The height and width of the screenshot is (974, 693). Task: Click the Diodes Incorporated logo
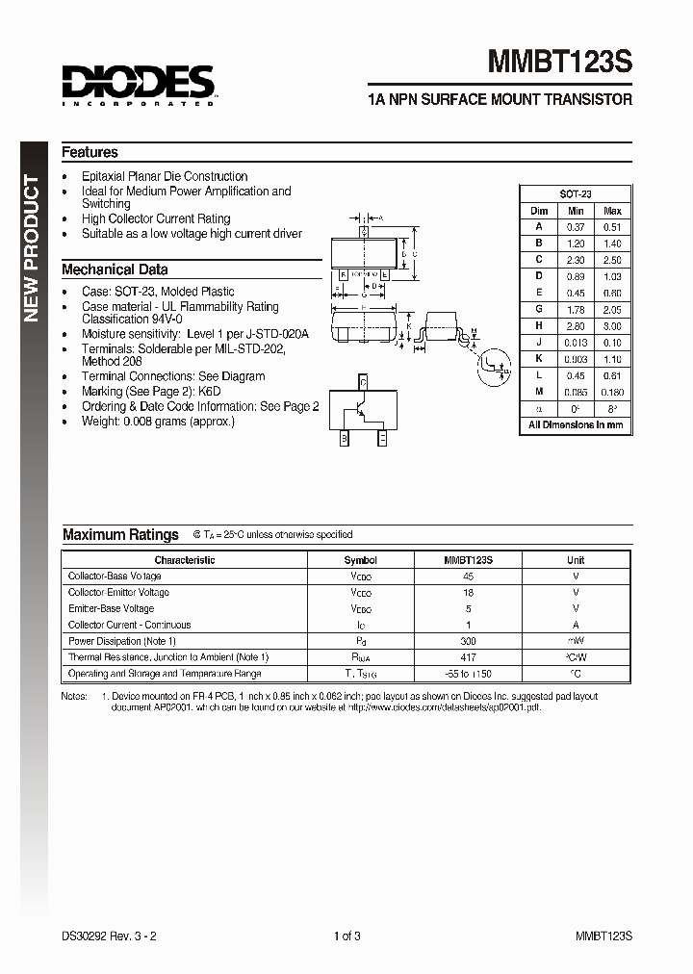138,84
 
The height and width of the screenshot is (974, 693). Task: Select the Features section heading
90,152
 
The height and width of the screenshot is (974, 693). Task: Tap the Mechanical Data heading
115,269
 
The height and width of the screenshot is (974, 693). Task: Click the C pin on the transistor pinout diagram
363,382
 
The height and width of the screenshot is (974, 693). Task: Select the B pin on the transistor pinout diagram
343,439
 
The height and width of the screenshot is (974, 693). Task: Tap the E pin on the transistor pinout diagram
382,439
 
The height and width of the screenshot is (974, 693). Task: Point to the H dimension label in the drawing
363,306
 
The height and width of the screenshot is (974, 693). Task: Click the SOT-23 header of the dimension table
576,193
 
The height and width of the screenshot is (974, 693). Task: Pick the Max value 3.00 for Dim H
612,326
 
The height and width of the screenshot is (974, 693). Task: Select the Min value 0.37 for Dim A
576,226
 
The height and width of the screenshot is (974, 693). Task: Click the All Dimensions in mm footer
576,424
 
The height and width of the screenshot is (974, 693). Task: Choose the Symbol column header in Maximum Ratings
361,560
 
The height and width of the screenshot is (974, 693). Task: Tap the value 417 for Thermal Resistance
468,657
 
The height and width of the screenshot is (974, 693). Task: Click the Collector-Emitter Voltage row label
118,593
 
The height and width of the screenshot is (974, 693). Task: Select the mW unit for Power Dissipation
576,641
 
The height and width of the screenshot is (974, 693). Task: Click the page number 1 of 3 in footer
346,936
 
